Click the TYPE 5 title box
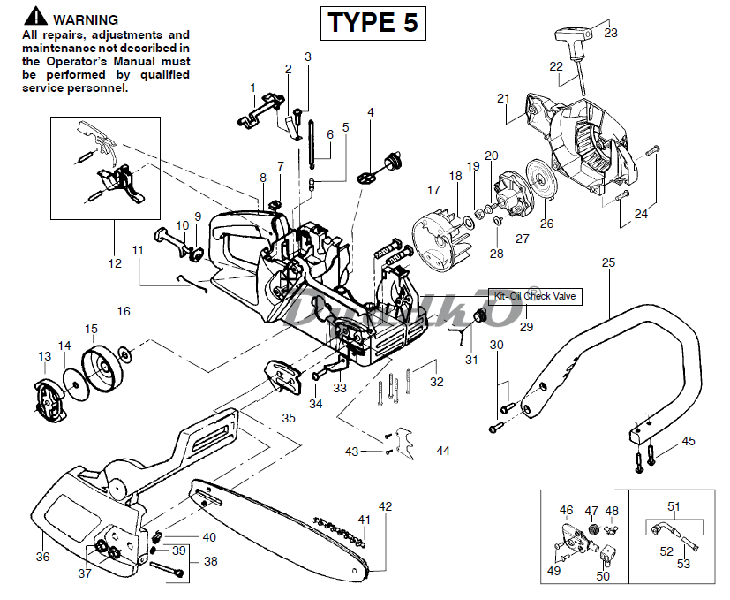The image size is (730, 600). [373, 22]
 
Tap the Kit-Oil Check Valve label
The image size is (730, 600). [535, 297]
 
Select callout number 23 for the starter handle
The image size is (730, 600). [611, 33]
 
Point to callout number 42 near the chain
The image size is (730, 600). [385, 506]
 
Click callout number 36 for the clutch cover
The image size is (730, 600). [42, 557]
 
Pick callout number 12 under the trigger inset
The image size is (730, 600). [114, 262]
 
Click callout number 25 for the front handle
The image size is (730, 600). [607, 262]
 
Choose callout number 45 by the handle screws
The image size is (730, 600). [689, 440]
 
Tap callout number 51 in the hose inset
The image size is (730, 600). [674, 506]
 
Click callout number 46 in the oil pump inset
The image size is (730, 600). [567, 510]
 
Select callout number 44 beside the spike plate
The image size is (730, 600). [443, 451]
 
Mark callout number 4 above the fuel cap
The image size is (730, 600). [371, 112]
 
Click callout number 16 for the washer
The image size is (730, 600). [124, 311]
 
